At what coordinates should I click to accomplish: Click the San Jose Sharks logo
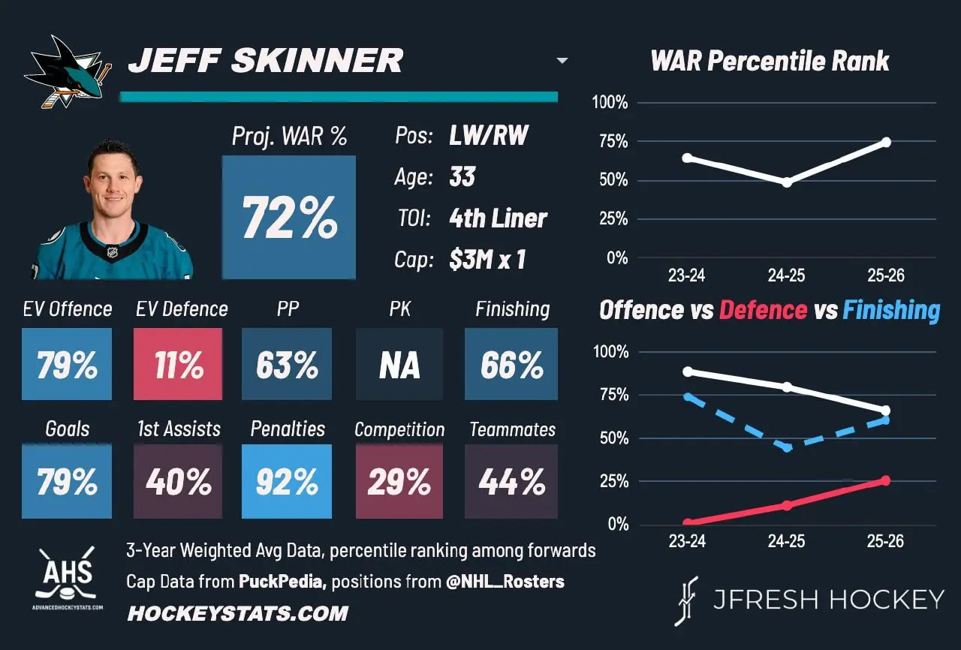[x=68, y=71]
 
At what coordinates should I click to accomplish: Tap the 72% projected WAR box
[x=289, y=218]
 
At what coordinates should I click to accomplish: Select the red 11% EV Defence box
[x=178, y=364]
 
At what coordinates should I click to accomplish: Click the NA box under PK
[x=399, y=364]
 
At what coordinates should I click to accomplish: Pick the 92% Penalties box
[x=287, y=481]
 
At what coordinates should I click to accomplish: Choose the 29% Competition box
[x=399, y=481]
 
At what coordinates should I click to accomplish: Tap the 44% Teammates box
[x=511, y=481]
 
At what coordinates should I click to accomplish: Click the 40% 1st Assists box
[x=178, y=481]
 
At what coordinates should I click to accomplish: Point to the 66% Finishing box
[x=511, y=364]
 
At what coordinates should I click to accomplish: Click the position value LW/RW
[x=489, y=136]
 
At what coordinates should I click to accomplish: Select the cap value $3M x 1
[x=487, y=260]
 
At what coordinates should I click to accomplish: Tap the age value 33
[x=462, y=176]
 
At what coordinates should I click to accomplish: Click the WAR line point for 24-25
[x=787, y=182]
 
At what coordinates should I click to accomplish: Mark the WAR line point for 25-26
[x=887, y=142]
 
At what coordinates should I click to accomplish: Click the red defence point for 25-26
[x=885, y=480]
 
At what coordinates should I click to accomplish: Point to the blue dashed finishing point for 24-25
[x=787, y=447]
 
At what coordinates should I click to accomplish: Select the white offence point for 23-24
[x=688, y=372]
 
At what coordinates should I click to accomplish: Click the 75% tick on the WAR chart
[x=614, y=142]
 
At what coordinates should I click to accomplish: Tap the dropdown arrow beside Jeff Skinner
[x=562, y=61]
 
